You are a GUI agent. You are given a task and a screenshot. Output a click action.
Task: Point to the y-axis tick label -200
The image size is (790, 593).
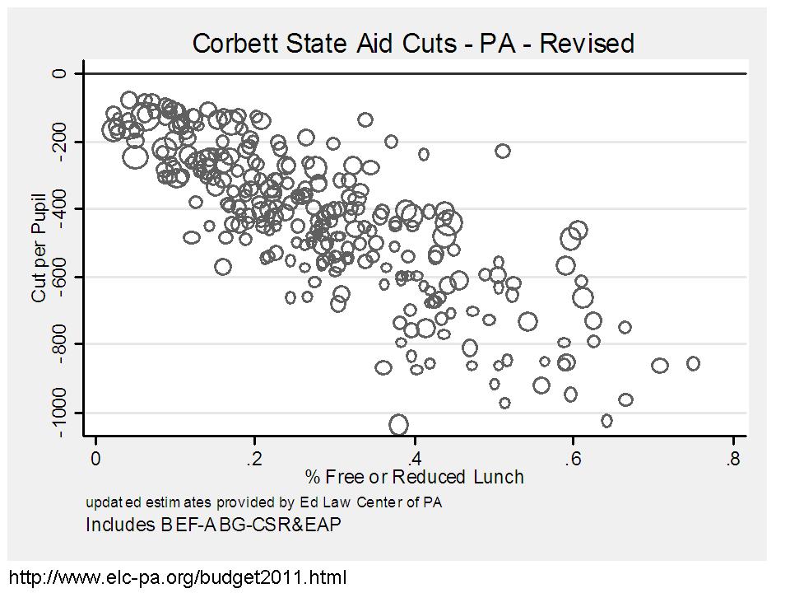(x=58, y=142)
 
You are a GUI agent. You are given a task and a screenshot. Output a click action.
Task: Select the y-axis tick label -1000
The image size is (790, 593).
(x=58, y=412)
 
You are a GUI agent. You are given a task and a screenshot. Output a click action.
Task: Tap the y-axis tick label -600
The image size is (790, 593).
(x=58, y=276)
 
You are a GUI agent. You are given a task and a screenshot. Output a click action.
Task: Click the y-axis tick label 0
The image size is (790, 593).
(x=58, y=73)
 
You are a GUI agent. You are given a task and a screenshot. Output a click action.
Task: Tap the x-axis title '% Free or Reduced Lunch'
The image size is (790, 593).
(x=414, y=477)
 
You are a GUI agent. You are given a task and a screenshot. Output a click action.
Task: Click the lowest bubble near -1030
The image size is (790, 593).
(x=399, y=425)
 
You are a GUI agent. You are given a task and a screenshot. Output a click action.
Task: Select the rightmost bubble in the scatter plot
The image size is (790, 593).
(x=693, y=363)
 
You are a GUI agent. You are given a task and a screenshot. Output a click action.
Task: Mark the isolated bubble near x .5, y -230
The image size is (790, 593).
(x=502, y=151)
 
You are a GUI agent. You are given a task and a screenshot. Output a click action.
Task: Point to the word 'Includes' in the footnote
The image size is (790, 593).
(x=116, y=524)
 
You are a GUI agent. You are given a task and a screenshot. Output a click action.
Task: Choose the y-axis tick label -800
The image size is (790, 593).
(x=58, y=343)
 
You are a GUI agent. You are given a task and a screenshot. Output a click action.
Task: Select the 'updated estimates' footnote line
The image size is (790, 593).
(x=263, y=502)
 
